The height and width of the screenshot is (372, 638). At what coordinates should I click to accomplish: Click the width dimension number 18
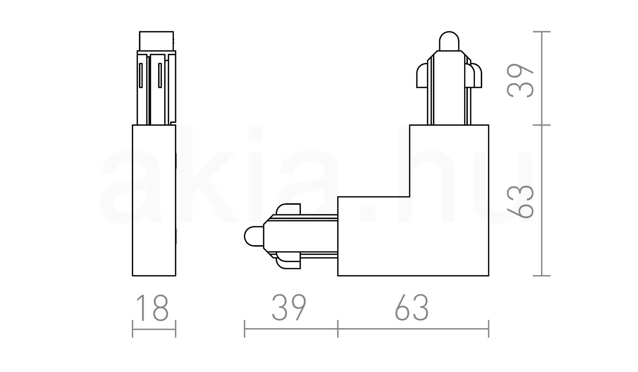point(153,308)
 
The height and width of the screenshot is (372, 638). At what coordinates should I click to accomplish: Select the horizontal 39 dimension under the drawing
point(289,308)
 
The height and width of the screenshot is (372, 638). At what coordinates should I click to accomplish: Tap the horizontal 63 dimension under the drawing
point(412,308)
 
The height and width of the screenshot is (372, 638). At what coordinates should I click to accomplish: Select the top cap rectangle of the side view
point(156,41)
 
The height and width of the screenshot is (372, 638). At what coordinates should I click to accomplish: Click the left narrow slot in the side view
point(141,75)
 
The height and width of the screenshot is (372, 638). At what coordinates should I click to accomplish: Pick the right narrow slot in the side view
point(160,75)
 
